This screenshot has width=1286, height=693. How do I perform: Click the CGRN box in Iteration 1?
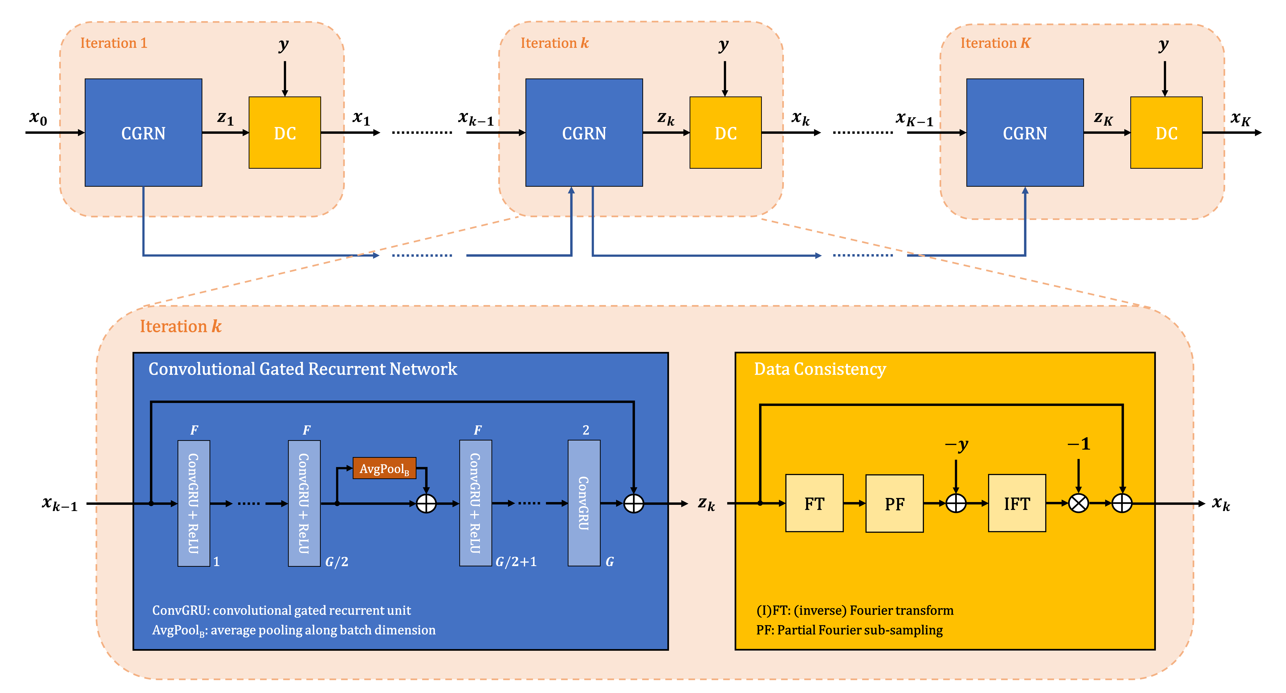[x=143, y=133]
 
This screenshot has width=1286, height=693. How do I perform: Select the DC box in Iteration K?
[x=1166, y=133]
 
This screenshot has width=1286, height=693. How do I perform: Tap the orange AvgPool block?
[x=384, y=468]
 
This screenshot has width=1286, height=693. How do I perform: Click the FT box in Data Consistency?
[x=814, y=503]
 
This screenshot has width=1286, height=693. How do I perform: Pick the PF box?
[x=894, y=503]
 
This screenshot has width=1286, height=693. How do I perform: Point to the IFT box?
[x=1017, y=503]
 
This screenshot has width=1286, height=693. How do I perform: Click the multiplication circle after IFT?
[x=1078, y=503]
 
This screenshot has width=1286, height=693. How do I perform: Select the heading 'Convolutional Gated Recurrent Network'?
[x=303, y=369]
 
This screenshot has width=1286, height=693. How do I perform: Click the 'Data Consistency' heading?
[x=820, y=369]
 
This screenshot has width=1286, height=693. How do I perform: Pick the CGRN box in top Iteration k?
[x=584, y=133]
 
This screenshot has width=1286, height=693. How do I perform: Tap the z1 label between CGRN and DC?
[x=225, y=118]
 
